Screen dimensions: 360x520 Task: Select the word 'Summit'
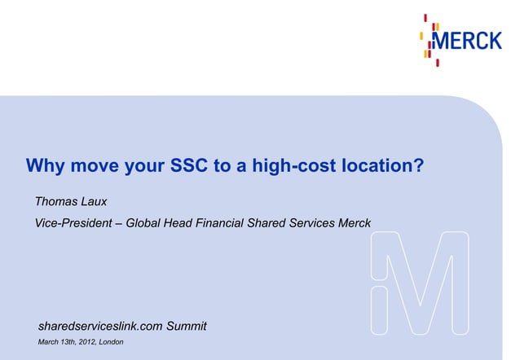point(187,327)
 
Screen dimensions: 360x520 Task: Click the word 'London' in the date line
point(111,342)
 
